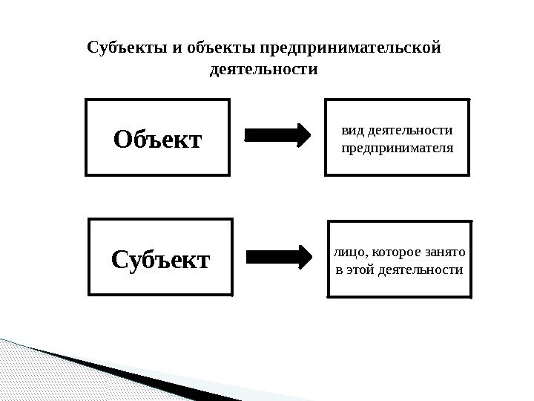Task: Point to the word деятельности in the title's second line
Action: (x=264, y=72)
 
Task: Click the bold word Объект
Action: (x=157, y=138)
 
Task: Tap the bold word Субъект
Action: (x=161, y=259)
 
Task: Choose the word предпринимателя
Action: (x=397, y=148)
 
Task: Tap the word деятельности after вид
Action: (x=410, y=131)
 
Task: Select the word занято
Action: (x=444, y=253)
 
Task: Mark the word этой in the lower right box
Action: (x=360, y=270)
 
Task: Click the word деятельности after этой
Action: (x=420, y=270)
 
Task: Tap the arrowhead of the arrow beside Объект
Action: (x=305, y=134)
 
